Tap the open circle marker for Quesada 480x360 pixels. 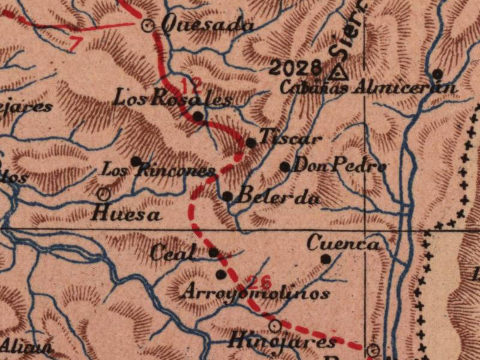click(148, 26)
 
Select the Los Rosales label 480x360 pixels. click(173, 98)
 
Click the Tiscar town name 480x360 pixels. click(290, 138)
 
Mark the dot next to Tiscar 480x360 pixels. click(251, 143)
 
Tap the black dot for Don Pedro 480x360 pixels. click(285, 166)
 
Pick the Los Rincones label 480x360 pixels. click(158, 170)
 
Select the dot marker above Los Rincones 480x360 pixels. click(136, 161)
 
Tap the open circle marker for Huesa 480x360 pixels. click(103, 194)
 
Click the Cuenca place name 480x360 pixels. click(343, 244)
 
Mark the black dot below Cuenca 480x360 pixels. click(326, 259)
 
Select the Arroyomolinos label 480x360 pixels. click(255, 293)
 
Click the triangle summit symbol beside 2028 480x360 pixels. click(339, 73)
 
